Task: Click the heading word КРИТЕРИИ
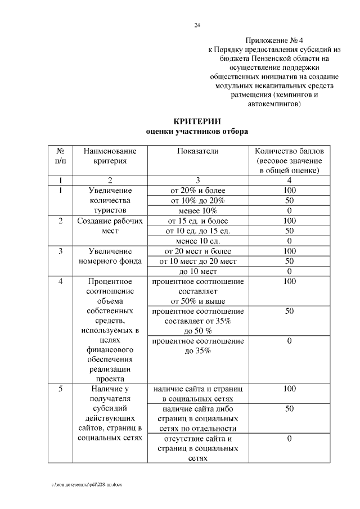click(x=197, y=121)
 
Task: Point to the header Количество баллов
click(x=289, y=151)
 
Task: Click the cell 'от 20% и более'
click(x=197, y=190)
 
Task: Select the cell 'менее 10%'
click(x=197, y=210)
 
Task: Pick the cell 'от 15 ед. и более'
click(x=197, y=220)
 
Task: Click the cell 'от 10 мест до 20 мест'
click(x=197, y=261)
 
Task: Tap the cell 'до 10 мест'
click(x=197, y=271)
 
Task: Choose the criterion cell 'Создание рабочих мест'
click(x=110, y=226)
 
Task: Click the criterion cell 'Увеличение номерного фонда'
click(x=110, y=256)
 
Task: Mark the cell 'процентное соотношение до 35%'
click(x=197, y=346)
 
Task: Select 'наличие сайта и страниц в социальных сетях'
click(x=197, y=394)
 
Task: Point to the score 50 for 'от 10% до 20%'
click(x=289, y=200)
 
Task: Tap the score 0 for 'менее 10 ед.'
click(x=289, y=241)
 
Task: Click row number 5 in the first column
click(x=61, y=389)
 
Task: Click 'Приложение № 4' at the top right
click(x=274, y=40)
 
